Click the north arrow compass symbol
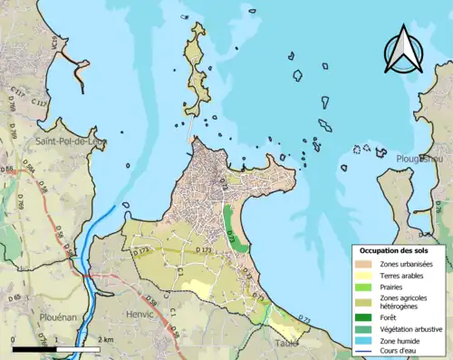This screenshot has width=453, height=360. (x=402, y=50)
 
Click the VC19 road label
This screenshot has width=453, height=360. (x=55, y=42)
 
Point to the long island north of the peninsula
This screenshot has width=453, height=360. (x=196, y=68)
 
